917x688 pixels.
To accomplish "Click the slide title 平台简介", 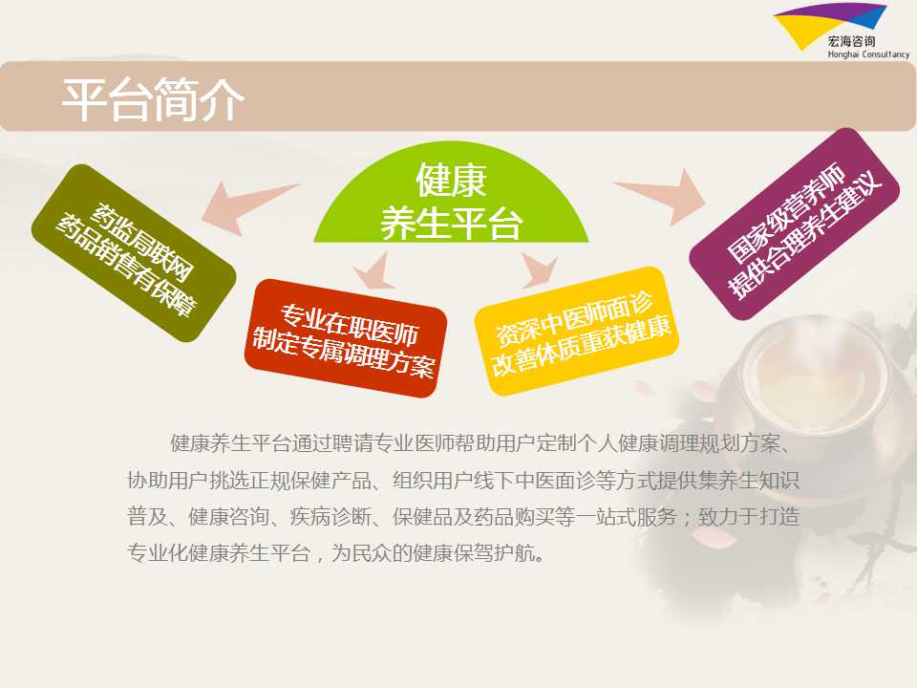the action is click(x=153, y=100).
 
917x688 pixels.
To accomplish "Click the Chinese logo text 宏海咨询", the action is click(x=851, y=41).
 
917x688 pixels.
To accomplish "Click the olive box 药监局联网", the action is click(x=134, y=252).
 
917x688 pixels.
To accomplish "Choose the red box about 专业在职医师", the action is click(x=345, y=337).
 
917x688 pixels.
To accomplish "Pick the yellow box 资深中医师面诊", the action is click(x=577, y=331).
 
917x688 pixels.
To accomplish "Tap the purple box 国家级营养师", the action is click(x=794, y=224).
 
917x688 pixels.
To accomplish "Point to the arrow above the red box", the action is click(x=374, y=272).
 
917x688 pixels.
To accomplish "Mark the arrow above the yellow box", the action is click(x=537, y=270).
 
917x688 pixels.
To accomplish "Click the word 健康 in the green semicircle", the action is click(x=451, y=181).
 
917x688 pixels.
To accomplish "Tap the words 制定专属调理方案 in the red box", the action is click(x=343, y=354).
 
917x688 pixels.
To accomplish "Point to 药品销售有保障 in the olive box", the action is click(x=126, y=266).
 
